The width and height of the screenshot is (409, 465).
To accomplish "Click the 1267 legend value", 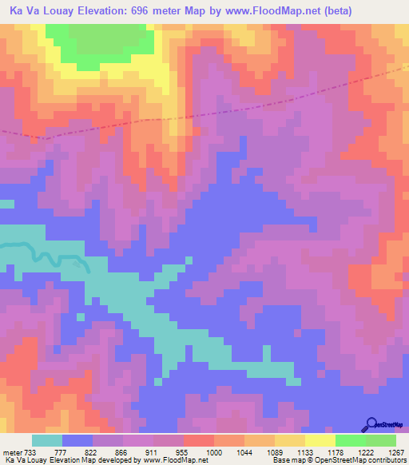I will [394, 452].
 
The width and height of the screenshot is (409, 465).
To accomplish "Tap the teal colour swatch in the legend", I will [47, 440].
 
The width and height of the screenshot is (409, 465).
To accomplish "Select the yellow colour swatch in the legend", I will [320, 440].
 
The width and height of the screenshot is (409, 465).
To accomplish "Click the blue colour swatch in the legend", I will [77, 440].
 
